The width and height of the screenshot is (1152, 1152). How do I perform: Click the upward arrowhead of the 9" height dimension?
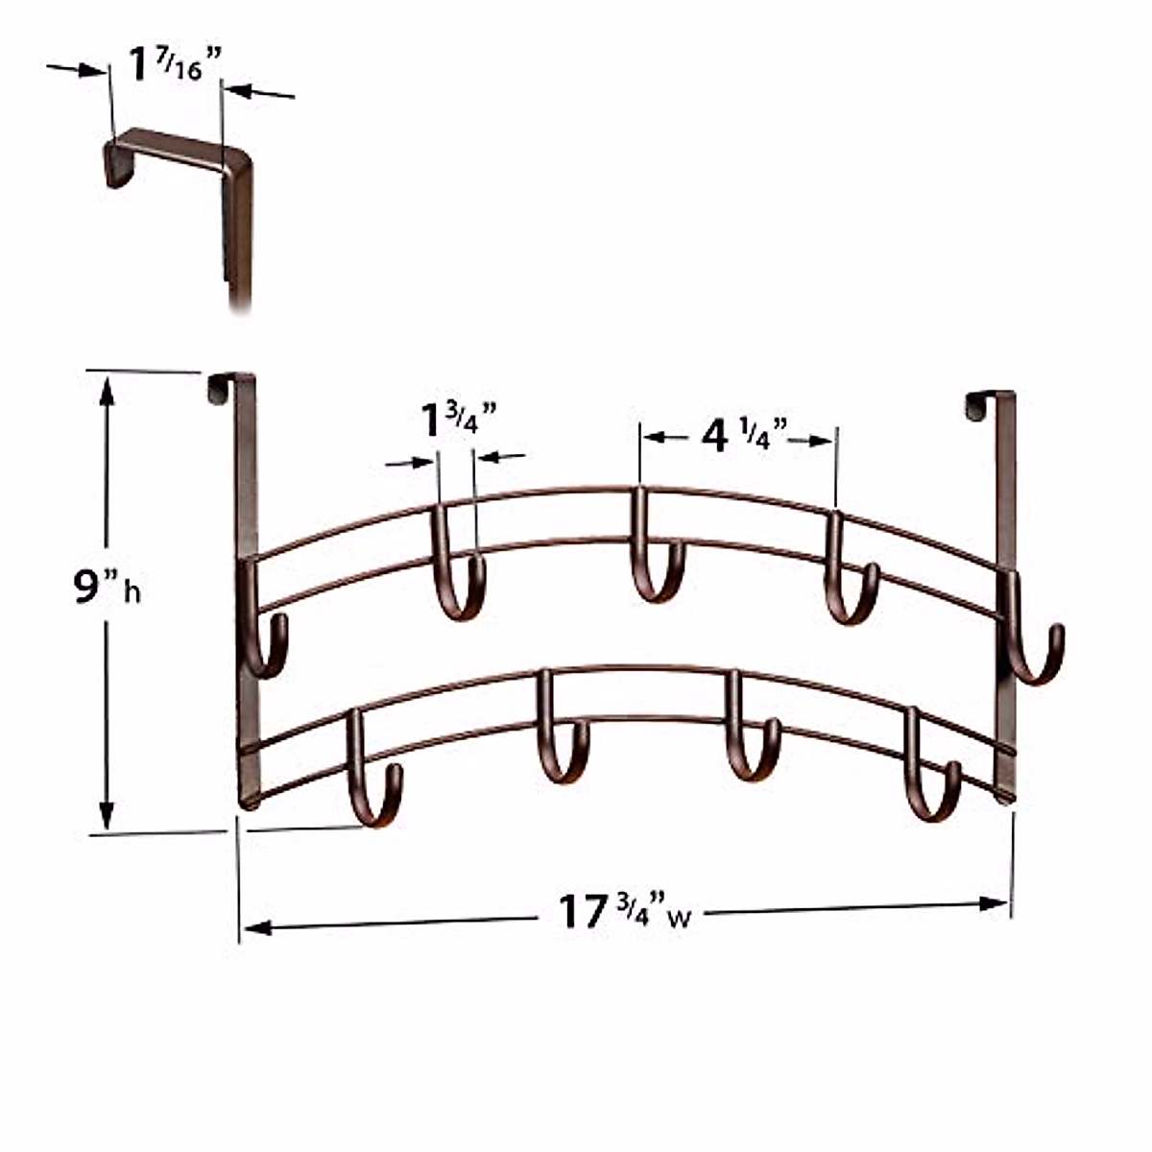[107, 389]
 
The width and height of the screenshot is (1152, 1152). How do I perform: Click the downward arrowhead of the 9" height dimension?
[107, 816]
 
